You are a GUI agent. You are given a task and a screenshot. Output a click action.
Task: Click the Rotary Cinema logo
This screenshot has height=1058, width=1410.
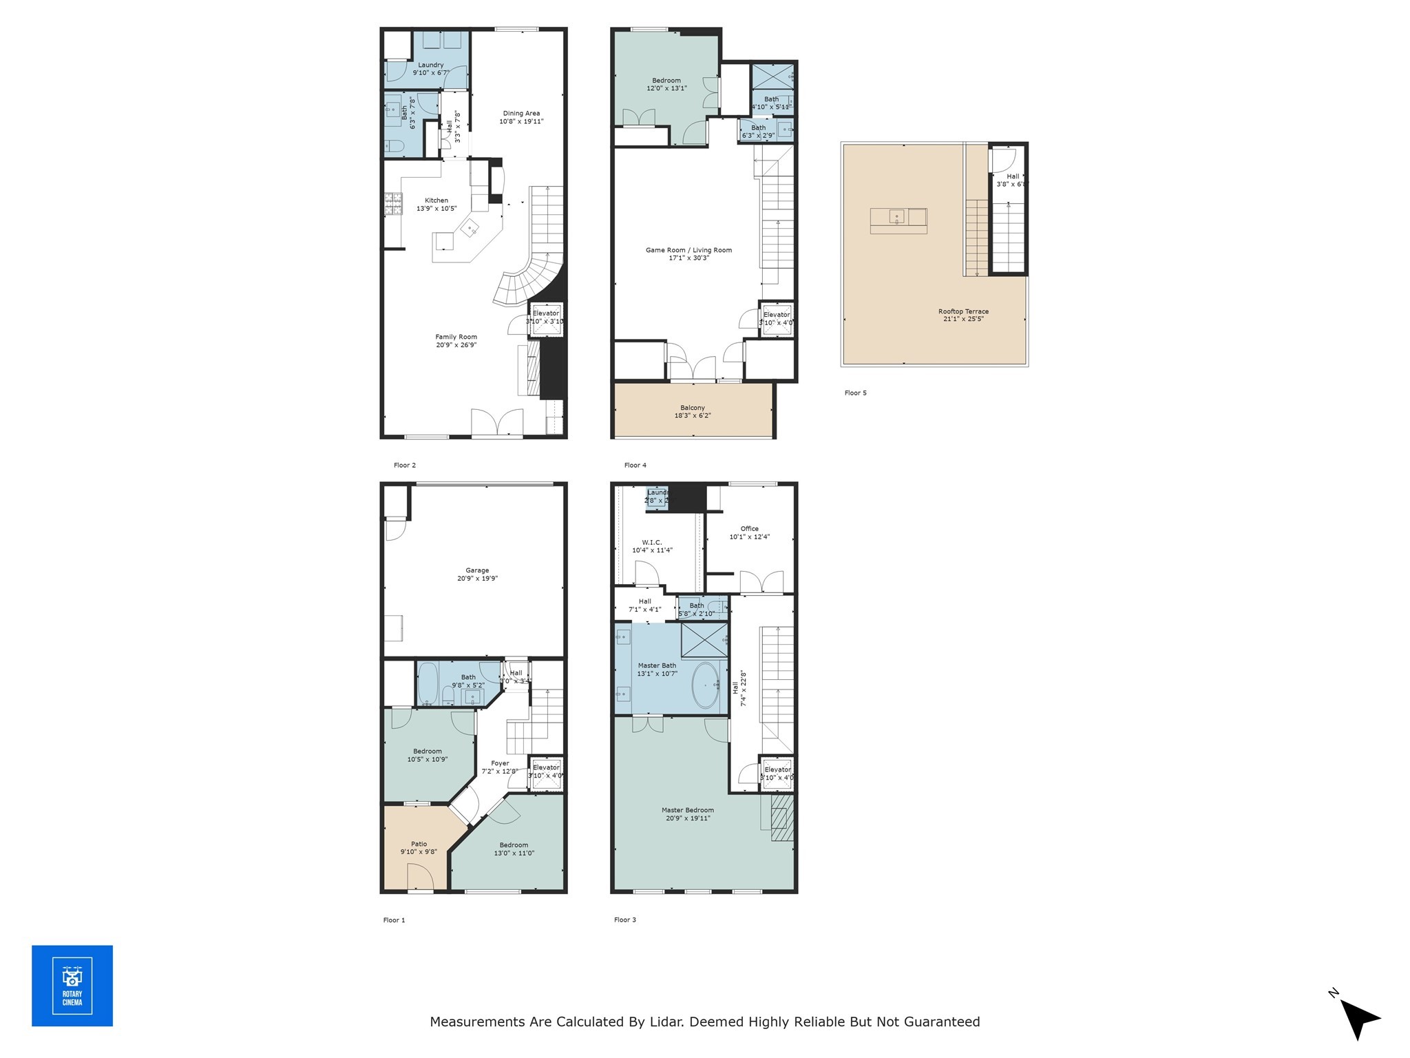72,986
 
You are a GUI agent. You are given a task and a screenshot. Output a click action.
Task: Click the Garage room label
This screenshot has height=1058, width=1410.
477,570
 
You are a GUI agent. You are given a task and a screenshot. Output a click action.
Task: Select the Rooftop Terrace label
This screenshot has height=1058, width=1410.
963,311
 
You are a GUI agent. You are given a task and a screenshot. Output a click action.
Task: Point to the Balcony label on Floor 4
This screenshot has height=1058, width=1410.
693,408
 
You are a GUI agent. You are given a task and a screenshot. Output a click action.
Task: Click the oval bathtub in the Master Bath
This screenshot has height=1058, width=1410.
704,685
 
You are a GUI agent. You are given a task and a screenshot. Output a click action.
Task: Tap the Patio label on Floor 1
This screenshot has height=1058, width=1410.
419,844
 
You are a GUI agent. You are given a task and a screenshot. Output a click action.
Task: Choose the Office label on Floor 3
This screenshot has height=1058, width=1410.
749,528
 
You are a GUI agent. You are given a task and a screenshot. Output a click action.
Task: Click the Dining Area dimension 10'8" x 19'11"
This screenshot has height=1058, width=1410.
521,121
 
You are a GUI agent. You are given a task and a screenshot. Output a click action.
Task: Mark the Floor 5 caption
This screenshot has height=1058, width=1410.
856,393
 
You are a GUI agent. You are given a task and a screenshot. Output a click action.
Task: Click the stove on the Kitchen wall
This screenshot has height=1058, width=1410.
393,204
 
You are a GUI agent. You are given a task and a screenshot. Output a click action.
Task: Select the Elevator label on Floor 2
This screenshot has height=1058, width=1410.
546,313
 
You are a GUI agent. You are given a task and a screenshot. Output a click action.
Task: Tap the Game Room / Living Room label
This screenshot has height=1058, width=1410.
688,250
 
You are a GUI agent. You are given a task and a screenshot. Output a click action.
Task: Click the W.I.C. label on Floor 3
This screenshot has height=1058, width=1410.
652,542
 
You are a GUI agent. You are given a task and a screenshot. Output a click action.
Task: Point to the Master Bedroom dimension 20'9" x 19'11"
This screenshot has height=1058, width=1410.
688,818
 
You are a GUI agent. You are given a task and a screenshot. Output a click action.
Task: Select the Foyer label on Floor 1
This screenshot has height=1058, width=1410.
500,763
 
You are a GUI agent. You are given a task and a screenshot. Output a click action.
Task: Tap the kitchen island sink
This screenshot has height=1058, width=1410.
472,228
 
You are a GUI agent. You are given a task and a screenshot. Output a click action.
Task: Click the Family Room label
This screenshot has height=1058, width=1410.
456,337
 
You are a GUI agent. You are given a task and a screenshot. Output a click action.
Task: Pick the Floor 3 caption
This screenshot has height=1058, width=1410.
625,920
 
